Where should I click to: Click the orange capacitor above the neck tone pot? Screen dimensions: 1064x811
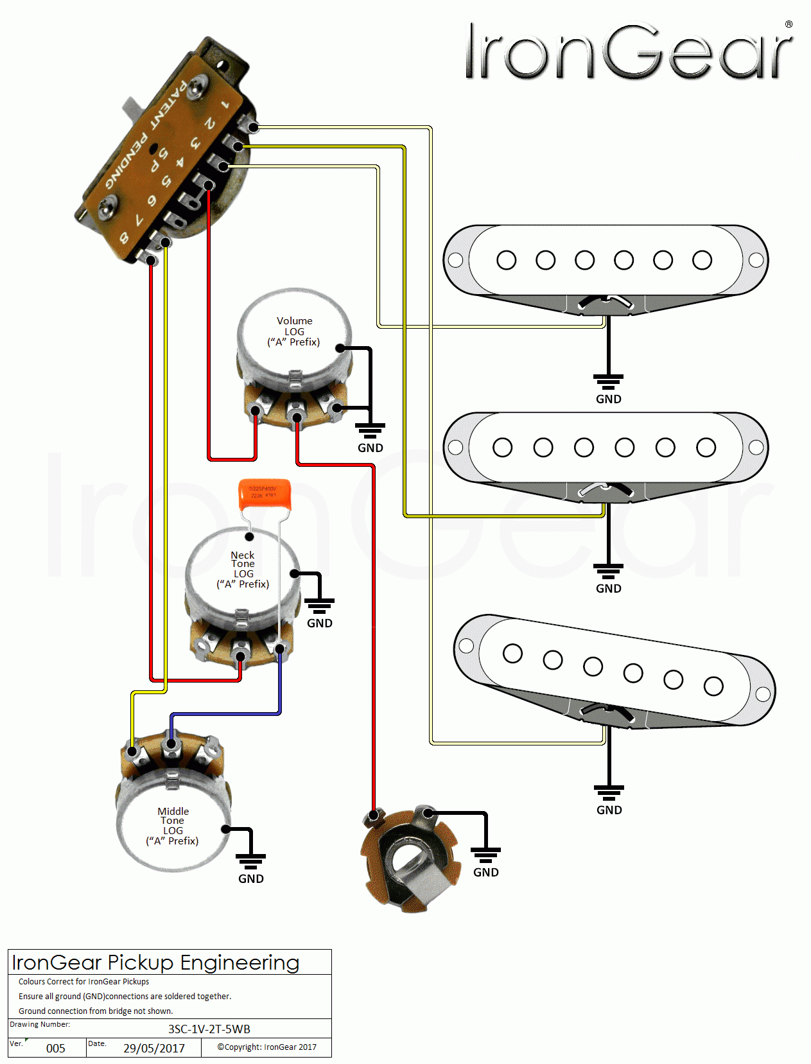point(265,493)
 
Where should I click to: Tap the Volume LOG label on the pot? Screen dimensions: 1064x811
point(294,331)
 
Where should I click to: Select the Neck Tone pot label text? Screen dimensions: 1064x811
point(243,569)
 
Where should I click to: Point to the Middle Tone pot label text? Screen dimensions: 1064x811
point(173,826)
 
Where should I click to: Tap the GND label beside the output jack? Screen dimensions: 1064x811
point(485,872)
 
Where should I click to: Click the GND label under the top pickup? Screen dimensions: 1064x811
point(608,399)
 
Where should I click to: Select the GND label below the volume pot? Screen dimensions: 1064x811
point(370,448)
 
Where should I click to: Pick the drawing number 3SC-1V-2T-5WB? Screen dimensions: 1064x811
point(209,1029)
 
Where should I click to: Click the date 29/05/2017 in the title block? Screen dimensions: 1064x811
point(154,1048)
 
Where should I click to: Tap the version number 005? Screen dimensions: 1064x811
point(56,1048)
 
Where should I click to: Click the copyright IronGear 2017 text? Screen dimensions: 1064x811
point(266,1047)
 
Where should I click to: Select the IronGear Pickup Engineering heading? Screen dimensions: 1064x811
point(156,963)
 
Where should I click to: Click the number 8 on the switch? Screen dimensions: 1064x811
point(124,238)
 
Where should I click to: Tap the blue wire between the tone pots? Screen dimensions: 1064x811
point(225,713)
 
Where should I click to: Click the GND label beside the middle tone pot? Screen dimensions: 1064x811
point(250,878)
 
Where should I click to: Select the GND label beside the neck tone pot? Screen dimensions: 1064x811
point(319,623)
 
